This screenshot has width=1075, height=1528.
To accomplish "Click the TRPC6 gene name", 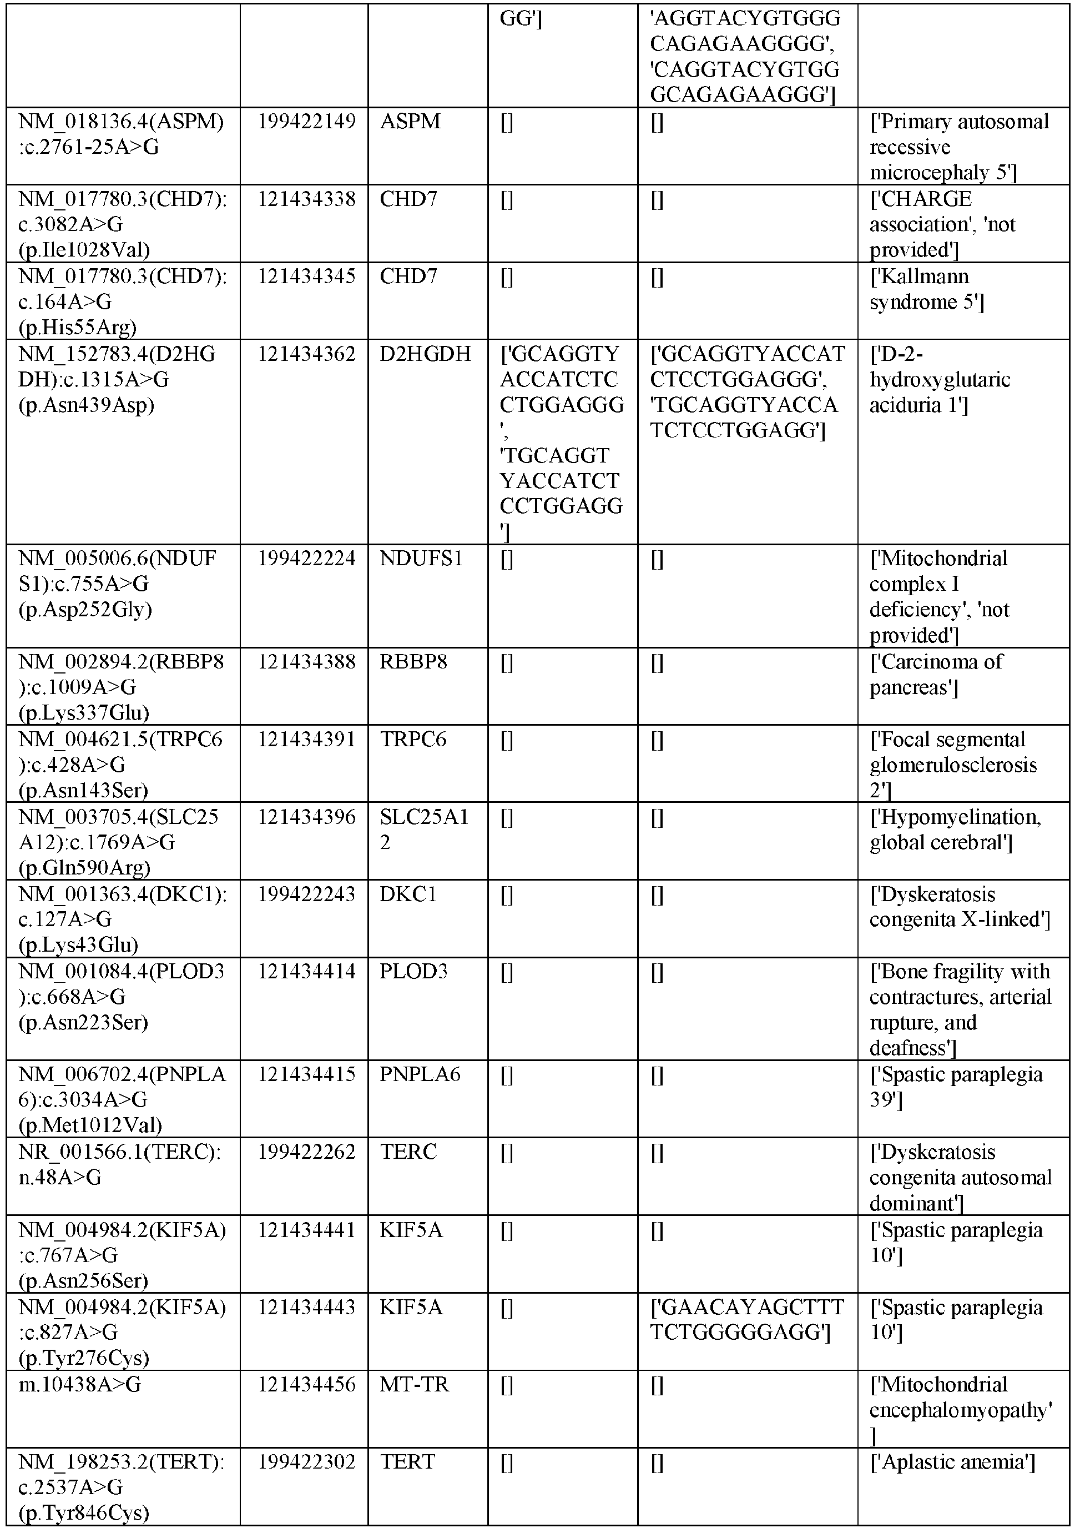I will tap(413, 740).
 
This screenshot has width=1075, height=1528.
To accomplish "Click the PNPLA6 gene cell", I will tap(420, 1075).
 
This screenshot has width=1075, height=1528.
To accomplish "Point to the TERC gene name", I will tap(408, 1152).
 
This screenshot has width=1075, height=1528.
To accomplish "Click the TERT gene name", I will tap(407, 1462).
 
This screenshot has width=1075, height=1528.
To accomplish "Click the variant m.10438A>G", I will tap(79, 1385).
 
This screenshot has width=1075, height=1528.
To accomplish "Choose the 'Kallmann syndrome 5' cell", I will tap(926, 289).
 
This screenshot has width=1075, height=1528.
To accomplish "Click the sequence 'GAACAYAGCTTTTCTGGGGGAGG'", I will tap(746, 1320).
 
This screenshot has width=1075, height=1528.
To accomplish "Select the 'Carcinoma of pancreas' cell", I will tap(935, 674).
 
